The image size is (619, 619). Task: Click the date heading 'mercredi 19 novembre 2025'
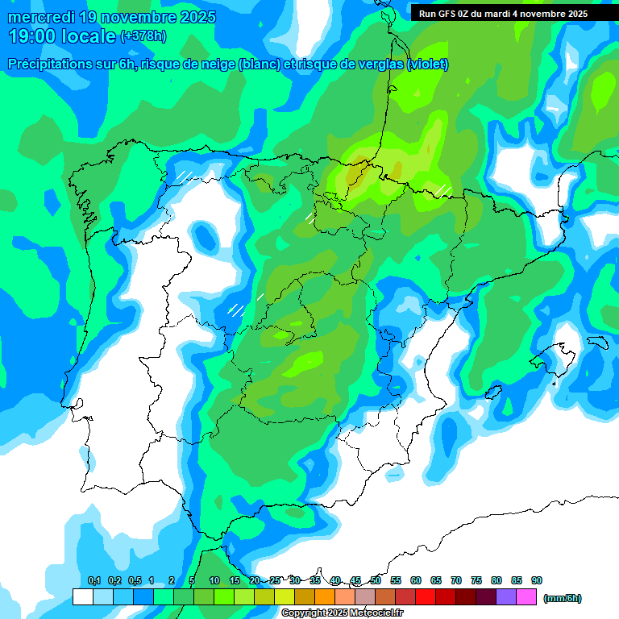click(111, 17)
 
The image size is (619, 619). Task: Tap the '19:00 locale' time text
click(61, 35)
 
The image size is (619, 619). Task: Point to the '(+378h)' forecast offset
click(143, 35)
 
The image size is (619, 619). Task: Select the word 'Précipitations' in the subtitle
click(48, 64)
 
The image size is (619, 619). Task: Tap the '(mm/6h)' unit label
click(562, 598)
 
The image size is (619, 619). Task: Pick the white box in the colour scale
click(82, 597)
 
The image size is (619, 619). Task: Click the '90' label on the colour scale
click(537, 580)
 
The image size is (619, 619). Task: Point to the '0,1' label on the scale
click(94, 580)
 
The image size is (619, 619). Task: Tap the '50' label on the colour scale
click(376, 580)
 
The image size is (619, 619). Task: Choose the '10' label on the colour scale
click(214, 580)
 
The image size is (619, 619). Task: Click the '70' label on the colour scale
click(456, 580)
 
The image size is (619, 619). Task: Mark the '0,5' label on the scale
click(135, 580)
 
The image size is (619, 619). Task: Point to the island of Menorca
click(597, 342)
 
